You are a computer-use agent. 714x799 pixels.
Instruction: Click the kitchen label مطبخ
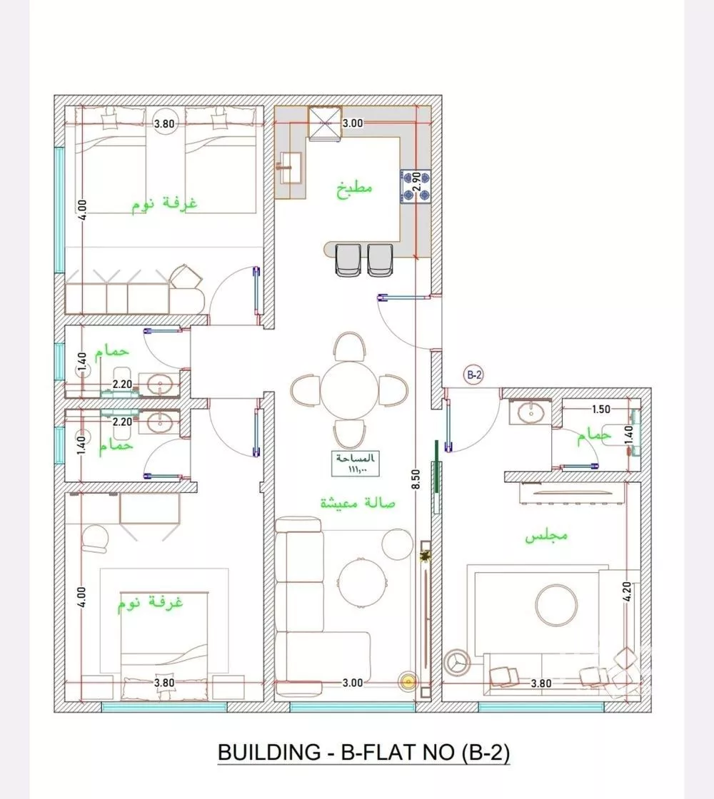(x=353, y=189)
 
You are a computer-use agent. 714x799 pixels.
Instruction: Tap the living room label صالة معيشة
(x=357, y=503)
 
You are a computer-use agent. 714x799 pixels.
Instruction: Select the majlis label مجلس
(x=546, y=535)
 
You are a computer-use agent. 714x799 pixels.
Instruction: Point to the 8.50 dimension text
(x=415, y=476)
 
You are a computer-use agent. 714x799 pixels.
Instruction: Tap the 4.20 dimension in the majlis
(x=628, y=592)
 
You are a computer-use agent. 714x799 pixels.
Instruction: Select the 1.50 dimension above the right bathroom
(x=600, y=409)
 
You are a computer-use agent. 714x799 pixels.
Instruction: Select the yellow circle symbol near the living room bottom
(x=408, y=682)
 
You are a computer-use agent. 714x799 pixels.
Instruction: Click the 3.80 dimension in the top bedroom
(x=164, y=123)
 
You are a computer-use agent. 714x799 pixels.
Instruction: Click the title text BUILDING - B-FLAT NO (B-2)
(x=363, y=753)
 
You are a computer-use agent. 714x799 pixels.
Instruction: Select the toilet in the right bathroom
(x=608, y=433)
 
